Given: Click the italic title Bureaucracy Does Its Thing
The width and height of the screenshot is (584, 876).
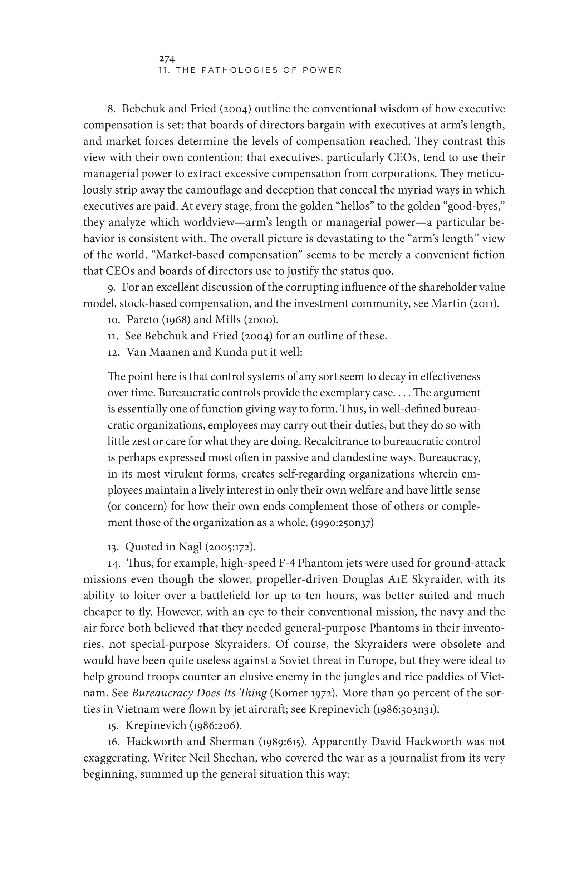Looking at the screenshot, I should (x=199, y=693).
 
